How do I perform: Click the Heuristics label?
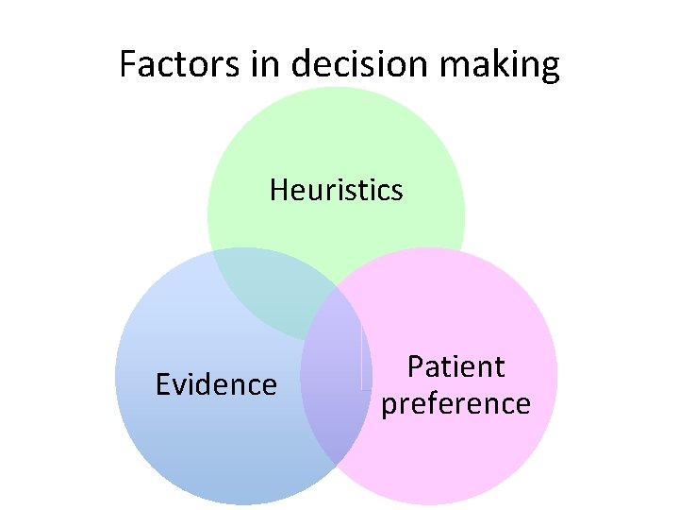[x=336, y=190]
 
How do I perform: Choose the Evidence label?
[x=216, y=384]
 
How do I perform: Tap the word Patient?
[x=455, y=366]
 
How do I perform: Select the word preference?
[x=455, y=403]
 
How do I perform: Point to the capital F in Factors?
[x=128, y=65]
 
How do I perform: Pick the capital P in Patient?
[x=414, y=366]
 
